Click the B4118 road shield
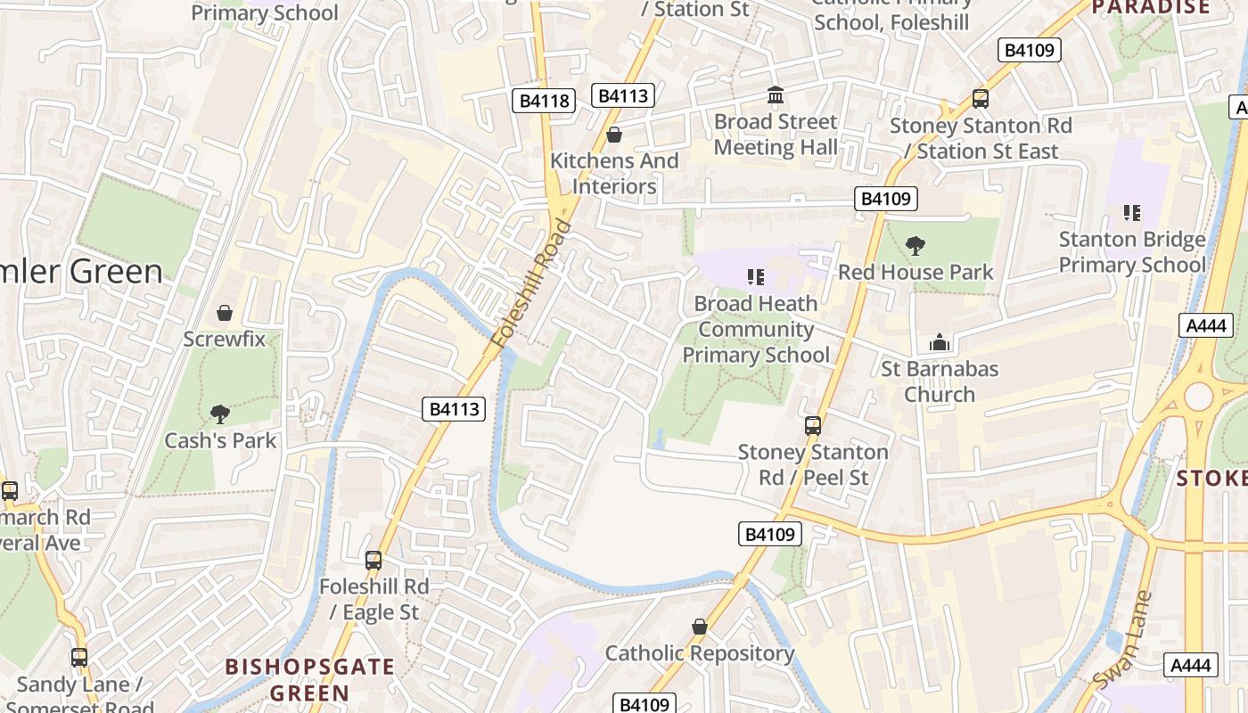pyautogui.click(x=544, y=101)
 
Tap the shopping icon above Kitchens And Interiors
pyautogui.click(x=613, y=135)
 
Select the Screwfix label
pyautogui.click(x=225, y=339)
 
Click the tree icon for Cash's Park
pyautogui.click(x=219, y=414)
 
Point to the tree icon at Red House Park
pyautogui.click(x=915, y=246)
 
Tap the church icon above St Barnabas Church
pyautogui.click(x=939, y=342)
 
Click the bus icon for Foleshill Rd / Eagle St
pyautogui.click(x=374, y=561)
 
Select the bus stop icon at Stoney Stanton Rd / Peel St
pyautogui.click(x=813, y=426)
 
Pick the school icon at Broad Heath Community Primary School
pyautogui.click(x=756, y=277)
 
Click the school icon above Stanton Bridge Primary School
pyautogui.click(x=1131, y=213)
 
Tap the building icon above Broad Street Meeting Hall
pyautogui.click(x=776, y=95)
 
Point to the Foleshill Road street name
pyautogui.click(x=532, y=283)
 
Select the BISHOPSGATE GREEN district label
pyautogui.click(x=309, y=679)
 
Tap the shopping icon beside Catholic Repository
pyautogui.click(x=700, y=627)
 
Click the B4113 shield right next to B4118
pyautogui.click(x=622, y=96)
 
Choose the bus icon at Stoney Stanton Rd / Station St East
pyautogui.click(x=981, y=99)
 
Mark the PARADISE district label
pyautogui.click(x=1151, y=8)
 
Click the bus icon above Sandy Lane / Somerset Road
pyautogui.click(x=79, y=658)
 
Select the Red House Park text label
pyautogui.click(x=915, y=272)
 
